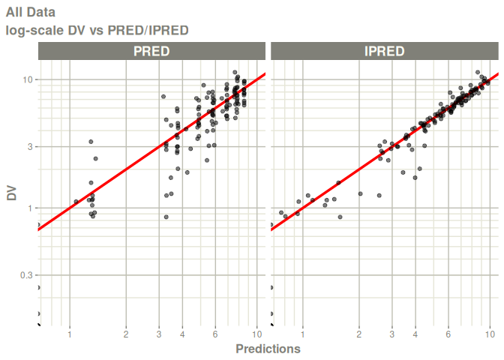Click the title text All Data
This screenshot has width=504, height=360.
pos(30,12)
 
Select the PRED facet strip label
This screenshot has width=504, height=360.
pos(151,51)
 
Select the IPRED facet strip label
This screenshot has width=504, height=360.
pos(384,51)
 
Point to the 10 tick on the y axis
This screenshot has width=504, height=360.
pos(27,79)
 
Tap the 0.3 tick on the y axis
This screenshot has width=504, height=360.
pos(26,275)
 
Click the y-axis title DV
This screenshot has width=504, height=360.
pos(12,193)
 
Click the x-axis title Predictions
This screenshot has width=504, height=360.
pos(268,349)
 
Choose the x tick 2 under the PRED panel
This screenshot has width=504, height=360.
pos(126,334)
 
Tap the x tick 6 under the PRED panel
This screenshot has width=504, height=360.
pos(215,334)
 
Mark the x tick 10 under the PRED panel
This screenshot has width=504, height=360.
pos(256,334)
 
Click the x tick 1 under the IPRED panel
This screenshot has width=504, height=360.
pos(303,334)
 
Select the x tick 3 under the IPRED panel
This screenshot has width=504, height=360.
pos(392,334)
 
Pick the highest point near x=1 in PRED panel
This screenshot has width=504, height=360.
pos(91,142)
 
